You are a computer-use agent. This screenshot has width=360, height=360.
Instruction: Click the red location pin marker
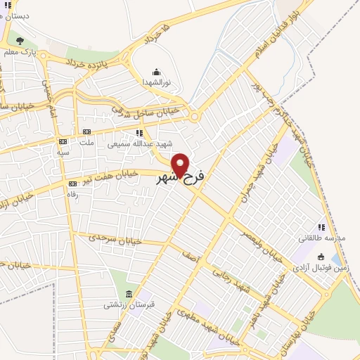coord(181,165)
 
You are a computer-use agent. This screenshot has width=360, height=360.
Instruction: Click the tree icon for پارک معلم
coord(20,41)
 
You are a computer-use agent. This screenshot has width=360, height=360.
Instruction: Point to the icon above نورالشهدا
coord(156,71)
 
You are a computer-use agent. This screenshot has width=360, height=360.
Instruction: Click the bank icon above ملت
coord(86,131)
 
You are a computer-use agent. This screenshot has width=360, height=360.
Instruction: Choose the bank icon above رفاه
coord(72,184)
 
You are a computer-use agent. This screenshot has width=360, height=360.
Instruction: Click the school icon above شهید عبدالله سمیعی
coord(140,131)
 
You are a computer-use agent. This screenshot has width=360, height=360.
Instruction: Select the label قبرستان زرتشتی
coord(124,305)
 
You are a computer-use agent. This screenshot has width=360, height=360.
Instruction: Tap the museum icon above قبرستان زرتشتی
coord(128,293)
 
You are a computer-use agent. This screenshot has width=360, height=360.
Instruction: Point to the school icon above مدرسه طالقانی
coord(322,226)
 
